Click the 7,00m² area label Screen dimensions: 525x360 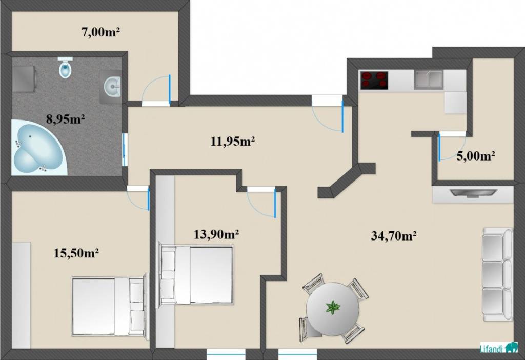point(101,32)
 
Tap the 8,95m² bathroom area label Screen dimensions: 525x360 point(65,119)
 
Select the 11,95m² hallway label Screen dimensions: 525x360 point(233,142)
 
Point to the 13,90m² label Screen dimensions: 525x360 point(216,234)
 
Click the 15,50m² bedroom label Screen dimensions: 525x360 point(76,253)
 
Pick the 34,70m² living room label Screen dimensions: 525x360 point(394,236)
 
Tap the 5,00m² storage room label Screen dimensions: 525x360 point(476,156)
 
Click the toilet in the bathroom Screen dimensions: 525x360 point(65,68)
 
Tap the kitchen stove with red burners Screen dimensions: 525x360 point(374,81)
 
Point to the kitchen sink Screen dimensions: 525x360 point(429,79)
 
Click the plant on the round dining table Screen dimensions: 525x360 point(332,307)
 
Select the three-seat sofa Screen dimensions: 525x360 point(497,274)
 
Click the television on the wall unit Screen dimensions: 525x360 point(473,192)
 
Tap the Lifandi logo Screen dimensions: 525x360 point(499,348)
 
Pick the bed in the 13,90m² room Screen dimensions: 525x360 point(196,275)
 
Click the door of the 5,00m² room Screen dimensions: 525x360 point(438,147)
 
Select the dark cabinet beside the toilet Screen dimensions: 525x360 point(24,78)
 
